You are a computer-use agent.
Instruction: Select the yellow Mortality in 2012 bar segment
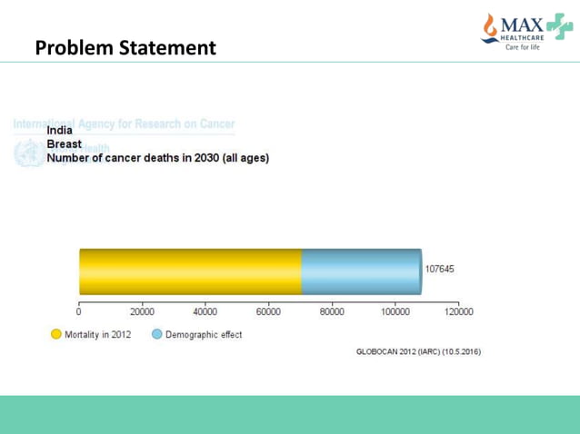tap(189, 271)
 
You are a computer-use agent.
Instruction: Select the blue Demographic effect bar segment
tap(361, 271)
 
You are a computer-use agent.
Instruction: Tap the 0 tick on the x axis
tap(79, 311)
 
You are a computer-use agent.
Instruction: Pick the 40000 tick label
tap(205, 311)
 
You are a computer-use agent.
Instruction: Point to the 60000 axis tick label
tap(268, 311)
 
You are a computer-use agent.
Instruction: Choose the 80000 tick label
tap(332, 311)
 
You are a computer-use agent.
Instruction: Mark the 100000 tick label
tap(395, 311)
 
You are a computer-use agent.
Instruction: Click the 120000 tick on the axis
tap(457, 311)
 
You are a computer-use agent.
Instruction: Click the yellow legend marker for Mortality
tap(57, 334)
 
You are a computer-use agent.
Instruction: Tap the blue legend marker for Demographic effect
tap(156, 334)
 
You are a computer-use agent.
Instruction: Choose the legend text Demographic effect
tap(204, 334)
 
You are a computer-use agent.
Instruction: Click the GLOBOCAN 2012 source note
tap(418, 351)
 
